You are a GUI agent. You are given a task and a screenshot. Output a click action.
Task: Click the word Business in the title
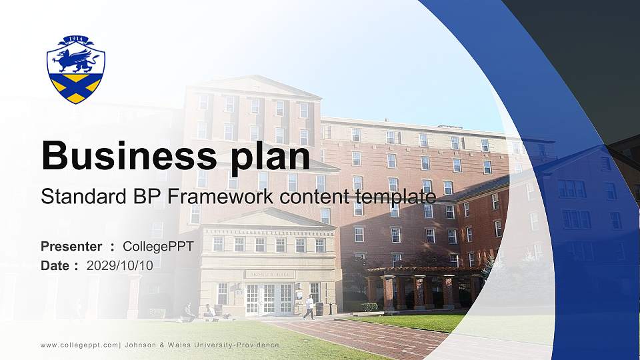click(x=126, y=156)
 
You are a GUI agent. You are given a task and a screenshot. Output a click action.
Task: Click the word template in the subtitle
click(x=397, y=197)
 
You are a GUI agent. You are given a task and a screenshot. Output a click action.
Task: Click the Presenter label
click(x=71, y=247)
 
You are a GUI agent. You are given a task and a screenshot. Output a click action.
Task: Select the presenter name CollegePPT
click(x=158, y=247)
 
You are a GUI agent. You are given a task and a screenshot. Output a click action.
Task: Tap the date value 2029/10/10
click(x=120, y=265)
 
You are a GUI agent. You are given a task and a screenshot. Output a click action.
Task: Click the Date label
click(x=56, y=265)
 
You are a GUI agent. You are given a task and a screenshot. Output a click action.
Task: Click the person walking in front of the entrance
click(x=309, y=307)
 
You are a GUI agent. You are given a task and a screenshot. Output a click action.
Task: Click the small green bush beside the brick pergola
click(x=369, y=307)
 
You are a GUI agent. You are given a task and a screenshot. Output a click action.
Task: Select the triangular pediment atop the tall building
click(x=251, y=86)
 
